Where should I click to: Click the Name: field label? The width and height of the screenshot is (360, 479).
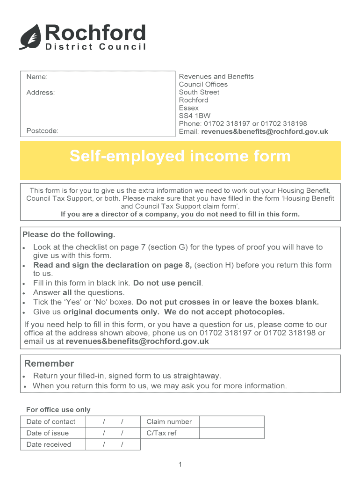pos(37,77)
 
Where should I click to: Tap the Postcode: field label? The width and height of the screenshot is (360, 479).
pos(43,131)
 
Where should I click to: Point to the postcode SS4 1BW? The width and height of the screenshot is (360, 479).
pos(194,116)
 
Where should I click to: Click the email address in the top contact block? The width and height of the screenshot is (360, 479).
pos(265,131)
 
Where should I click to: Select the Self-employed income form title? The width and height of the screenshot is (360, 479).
pos(180,156)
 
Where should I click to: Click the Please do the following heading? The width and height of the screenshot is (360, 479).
pos(69,234)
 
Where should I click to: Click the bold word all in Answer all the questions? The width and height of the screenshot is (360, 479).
pos(67,293)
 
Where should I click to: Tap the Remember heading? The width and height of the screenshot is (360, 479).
pos(49,363)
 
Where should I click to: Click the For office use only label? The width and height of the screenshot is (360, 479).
pos(58,410)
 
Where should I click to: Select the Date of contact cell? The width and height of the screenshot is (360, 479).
pos(51,421)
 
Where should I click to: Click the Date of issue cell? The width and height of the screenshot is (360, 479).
pos(48,433)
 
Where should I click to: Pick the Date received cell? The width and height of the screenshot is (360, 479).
pos(49,444)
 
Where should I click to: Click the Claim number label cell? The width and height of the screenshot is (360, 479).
pos(169,421)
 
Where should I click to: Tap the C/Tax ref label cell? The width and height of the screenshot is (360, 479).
pos(161,433)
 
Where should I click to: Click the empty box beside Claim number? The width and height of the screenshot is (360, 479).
pos(232,421)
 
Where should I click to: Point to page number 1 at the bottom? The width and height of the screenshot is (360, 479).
pos(180,464)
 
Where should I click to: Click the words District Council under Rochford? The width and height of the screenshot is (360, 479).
pos(95,47)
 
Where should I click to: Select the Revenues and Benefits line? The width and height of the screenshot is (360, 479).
pos(216,77)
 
